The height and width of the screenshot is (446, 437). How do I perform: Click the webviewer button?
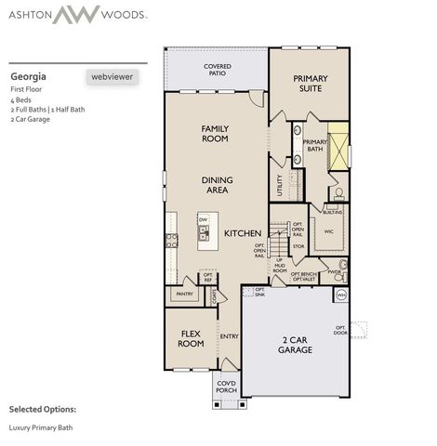point(112,77)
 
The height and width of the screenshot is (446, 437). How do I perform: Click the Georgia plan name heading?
point(28,76)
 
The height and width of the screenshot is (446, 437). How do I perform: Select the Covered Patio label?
point(217,70)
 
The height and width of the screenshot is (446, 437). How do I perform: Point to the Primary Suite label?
point(311,84)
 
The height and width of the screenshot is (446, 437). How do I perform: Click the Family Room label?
point(215,133)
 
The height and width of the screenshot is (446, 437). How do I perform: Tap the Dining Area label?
point(216,185)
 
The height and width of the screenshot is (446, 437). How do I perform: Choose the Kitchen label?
point(240,233)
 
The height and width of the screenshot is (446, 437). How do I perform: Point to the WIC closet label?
point(328,232)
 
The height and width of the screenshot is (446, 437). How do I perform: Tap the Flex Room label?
point(191,338)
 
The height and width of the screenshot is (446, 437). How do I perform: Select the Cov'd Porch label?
point(226,387)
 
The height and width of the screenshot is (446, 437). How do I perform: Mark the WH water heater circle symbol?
point(340,295)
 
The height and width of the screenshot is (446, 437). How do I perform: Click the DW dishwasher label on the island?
point(202,220)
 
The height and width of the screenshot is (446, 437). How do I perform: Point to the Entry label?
point(229,336)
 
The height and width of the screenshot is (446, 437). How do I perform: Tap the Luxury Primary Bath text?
point(41,427)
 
